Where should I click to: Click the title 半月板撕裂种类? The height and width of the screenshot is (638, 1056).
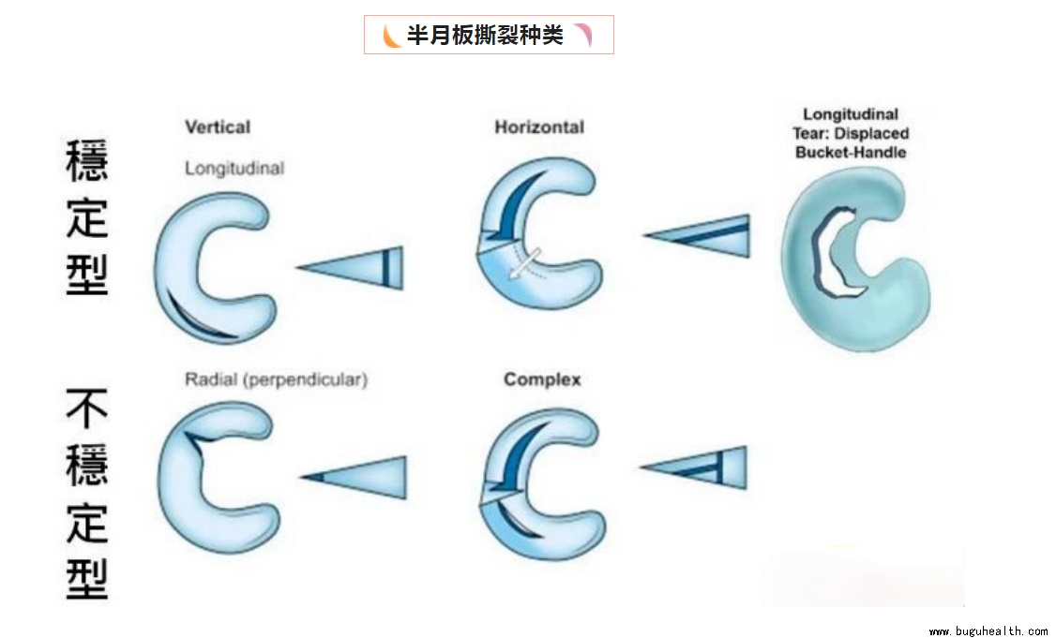point(485,36)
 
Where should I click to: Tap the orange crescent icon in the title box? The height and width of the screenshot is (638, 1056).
point(390,36)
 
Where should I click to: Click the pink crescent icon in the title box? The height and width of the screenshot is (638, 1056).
point(583,36)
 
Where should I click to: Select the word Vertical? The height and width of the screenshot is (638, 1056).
point(218,126)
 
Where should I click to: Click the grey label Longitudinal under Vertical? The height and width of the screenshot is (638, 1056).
point(234,169)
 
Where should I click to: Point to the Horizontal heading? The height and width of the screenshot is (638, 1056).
point(539,126)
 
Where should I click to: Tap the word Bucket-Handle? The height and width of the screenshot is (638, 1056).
point(851,152)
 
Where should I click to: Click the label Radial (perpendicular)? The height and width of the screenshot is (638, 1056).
point(276,379)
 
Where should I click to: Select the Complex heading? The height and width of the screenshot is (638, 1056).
point(542,379)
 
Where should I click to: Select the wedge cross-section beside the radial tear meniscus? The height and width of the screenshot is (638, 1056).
point(357,478)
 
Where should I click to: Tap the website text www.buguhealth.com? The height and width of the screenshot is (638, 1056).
point(988,631)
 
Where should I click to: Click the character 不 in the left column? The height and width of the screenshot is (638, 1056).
point(86,411)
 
